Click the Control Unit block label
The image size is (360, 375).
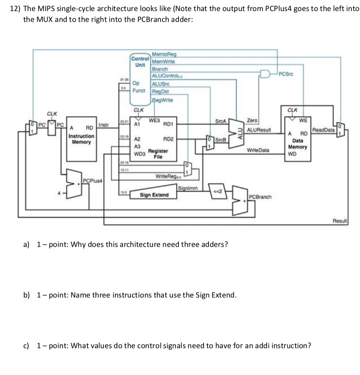point(139,62)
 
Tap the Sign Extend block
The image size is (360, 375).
point(154,195)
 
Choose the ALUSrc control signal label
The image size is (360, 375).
point(160,85)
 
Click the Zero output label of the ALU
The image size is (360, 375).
point(252,120)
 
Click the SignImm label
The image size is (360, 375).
point(186,188)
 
